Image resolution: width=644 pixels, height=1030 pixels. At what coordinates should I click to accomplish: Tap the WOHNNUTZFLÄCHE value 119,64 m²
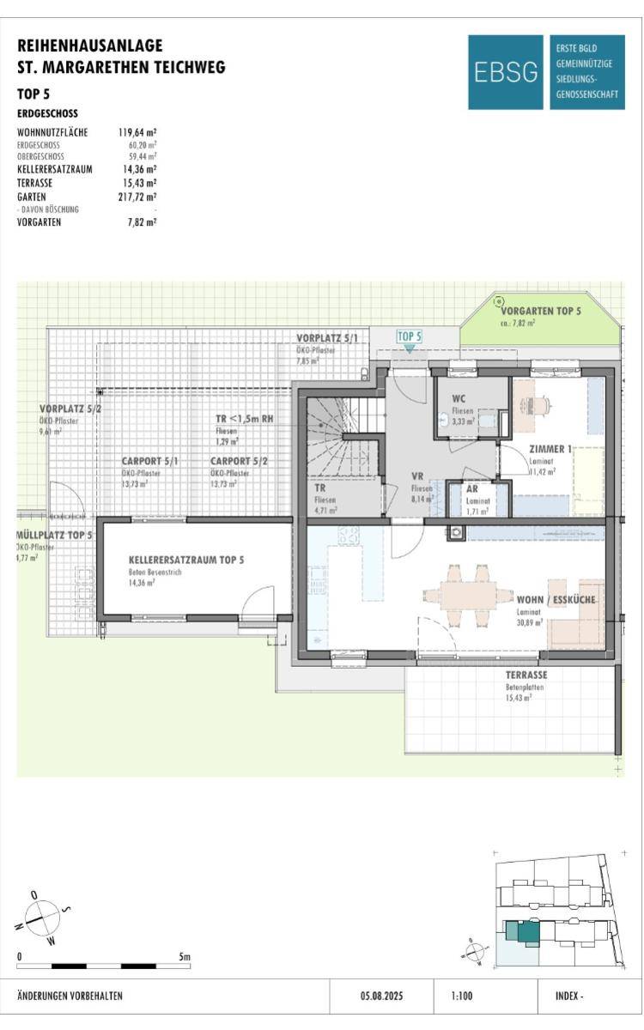(137, 132)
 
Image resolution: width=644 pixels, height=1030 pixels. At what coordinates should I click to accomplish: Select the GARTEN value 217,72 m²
(137, 197)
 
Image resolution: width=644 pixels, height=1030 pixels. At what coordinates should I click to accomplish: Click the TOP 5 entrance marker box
(410, 336)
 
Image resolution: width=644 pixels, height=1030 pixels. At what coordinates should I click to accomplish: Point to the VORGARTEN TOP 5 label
(540, 310)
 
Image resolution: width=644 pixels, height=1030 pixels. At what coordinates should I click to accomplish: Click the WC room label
(447, 399)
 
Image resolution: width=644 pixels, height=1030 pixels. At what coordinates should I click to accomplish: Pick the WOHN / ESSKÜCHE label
(556, 598)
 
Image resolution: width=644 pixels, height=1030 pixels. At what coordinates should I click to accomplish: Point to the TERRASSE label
(526, 675)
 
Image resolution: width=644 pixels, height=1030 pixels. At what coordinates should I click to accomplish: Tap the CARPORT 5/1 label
(149, 461)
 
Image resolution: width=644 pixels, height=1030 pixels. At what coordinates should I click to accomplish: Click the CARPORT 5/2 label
(239, 461)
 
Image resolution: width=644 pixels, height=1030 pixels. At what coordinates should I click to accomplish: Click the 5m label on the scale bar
(184, 955)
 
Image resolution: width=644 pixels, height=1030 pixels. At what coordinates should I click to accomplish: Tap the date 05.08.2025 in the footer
(381, 997)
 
